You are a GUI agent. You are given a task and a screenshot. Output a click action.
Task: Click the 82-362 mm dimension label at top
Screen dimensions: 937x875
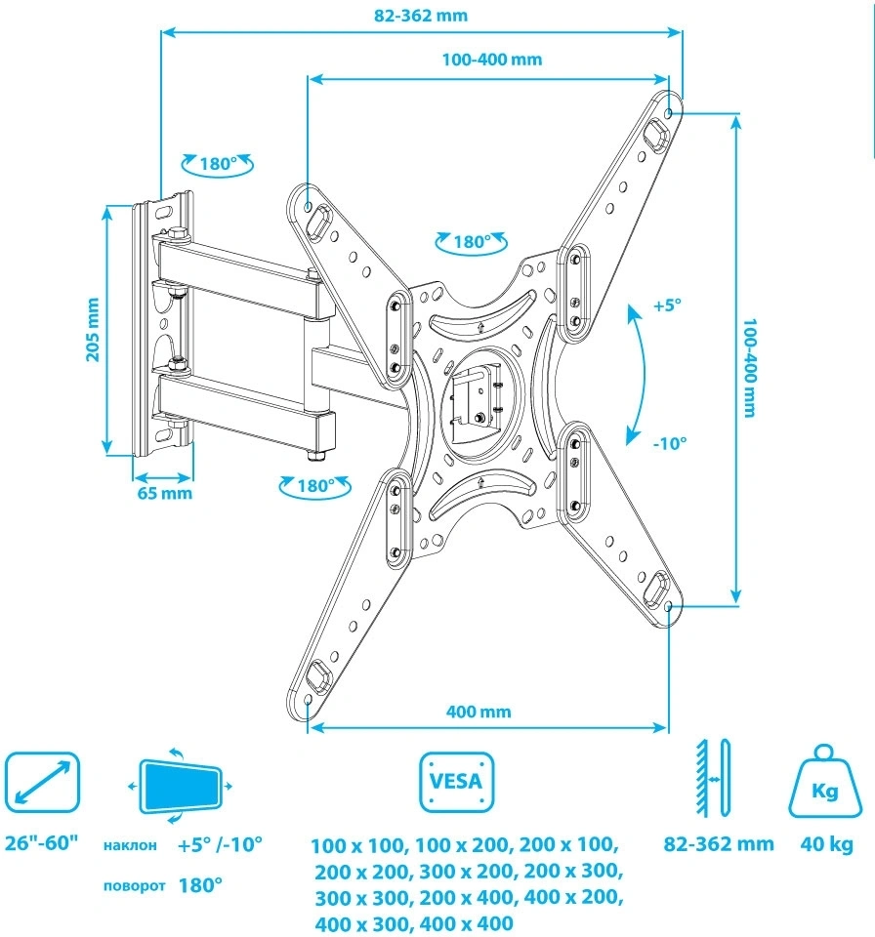tap(421, 16)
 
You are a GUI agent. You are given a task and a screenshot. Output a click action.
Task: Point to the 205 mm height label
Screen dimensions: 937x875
tap(94, 329)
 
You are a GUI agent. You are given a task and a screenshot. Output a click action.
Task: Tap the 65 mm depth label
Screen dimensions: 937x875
tap(163, 493)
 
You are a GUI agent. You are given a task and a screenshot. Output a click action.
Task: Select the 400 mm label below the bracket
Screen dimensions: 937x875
tap(479, 712)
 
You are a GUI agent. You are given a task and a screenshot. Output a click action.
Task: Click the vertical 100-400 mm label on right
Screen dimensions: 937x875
tap(749, 366)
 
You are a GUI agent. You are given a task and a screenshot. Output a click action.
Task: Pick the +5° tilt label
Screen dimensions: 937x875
tap(667, 306)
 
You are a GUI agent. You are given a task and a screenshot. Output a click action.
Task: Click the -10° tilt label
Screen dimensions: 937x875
tap(670, 442)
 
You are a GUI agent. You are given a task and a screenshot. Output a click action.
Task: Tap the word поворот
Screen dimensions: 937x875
tap(133, 886)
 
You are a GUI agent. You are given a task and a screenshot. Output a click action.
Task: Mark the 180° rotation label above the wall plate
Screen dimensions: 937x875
tap(218, 164)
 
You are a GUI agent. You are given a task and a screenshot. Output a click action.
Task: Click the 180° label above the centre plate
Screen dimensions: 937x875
tap(471, 242)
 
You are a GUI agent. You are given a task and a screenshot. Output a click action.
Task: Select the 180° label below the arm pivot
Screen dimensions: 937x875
tap(315, 485)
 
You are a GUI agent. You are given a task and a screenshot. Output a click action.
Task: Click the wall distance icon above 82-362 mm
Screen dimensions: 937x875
tap(712, 778)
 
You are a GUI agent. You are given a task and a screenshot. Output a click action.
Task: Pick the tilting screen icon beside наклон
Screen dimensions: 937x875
tap(180, 786)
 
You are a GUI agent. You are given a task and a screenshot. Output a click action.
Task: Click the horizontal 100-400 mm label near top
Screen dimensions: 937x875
tap(491, 60)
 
